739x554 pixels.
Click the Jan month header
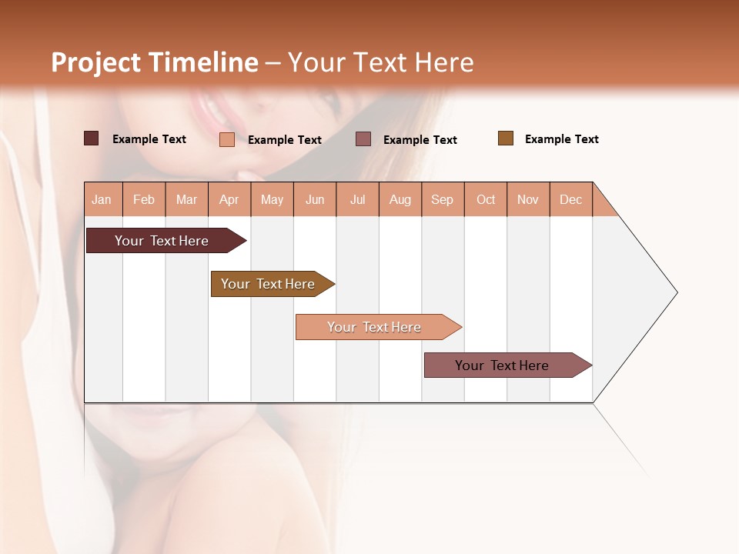pyautogui.click(x=102, y=199)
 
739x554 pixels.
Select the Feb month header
pyautogui.click(x=144, y=199)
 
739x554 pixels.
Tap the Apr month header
pyautogui.click(x=229, y=199)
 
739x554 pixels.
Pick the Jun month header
pyautogui.click(x=315, y=199)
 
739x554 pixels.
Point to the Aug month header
pyautogui.click(x=400, y=199)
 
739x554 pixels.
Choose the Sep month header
pyautogui.click(x=443, y=199)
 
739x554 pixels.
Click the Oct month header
pyautogui.click(x=486, y=199)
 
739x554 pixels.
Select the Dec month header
pyautogui.click(x=571, y=199)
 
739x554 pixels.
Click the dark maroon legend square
pyautogui.click(x=91, y=138)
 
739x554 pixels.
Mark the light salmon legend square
pyautogui.click(x=227, y=139)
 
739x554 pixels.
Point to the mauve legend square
pyautogui.click(x=363, y=138)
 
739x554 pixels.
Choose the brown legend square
pyautogui.click(x=506, y=138)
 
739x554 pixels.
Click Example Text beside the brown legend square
pyautogui.click(x=561, y=139)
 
